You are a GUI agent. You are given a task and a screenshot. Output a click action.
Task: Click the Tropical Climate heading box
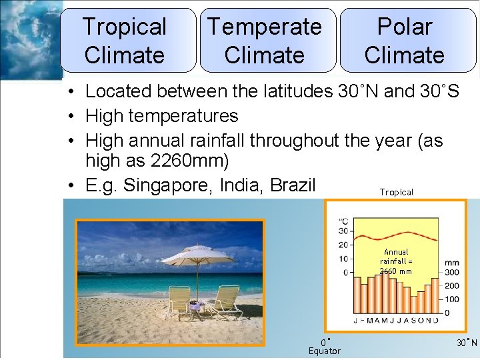click(x=125, y=41)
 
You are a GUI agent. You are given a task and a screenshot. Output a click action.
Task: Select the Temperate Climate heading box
click(x=265, y=41)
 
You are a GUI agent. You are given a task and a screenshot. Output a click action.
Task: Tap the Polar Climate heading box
click(x=405, y=41)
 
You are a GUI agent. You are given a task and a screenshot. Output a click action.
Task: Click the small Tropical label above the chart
click(x=396, y=193)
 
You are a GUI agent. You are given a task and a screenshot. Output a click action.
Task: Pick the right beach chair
click(x=225, y=301)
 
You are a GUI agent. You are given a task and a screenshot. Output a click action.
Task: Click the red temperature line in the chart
click(x=393, y=235)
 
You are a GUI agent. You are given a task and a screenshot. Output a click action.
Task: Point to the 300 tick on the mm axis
click(x=451, y=272)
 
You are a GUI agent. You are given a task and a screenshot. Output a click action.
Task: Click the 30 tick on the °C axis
click(x=343, y=231)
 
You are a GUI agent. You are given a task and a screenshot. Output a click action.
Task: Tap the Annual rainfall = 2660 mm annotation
click(x=396, y=262)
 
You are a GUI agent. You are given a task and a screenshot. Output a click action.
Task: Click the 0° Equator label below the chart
click(x=324, y=347)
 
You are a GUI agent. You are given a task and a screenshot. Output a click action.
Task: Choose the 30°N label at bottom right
click(x=467, y=343)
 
